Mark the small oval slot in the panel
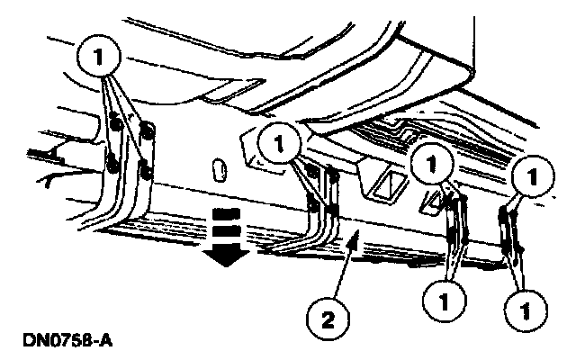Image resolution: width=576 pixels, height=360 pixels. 217,168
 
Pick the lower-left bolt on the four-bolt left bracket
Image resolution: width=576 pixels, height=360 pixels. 112,162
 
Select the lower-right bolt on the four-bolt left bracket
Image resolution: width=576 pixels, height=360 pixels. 144,168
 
